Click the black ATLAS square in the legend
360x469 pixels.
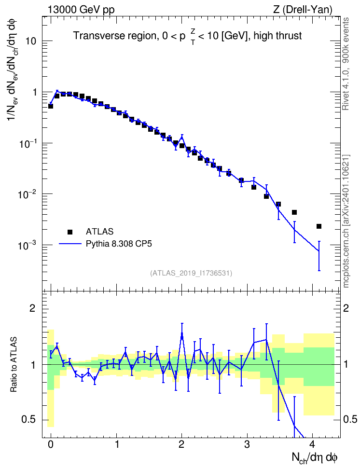point(70,232)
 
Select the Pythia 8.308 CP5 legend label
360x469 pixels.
point(119,244)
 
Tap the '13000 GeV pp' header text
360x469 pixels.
point(81,10)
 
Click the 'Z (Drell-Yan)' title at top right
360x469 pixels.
point(303,10)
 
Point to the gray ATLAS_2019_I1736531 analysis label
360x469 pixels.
point(191,273)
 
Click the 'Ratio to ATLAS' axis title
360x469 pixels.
point(14,365)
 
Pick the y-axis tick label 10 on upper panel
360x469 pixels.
point(31,41)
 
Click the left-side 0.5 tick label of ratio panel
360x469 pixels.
point(29,420)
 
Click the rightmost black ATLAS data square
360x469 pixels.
point(319,226)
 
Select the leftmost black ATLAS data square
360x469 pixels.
point(51,106)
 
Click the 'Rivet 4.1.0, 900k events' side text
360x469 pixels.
point(346,64)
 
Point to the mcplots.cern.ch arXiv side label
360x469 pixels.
point(346,221)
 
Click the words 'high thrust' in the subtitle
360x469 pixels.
point(277,36)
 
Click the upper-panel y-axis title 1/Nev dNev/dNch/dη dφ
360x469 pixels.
point(13,69)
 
